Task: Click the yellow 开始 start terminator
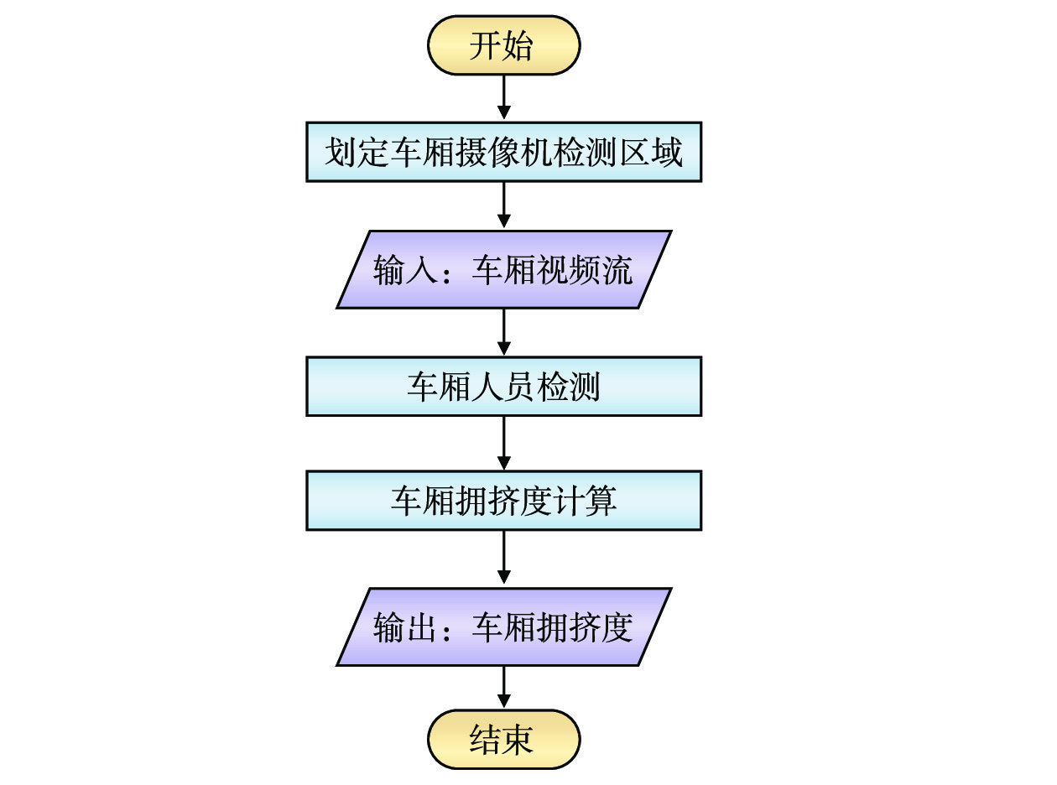503,45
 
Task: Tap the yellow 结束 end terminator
503,740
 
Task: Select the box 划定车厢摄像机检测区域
503,153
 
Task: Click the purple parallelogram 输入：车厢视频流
503,270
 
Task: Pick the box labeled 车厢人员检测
503,387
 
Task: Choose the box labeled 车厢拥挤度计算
503,501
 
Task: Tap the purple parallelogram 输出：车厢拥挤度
503,626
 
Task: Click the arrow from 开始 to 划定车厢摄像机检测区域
503,98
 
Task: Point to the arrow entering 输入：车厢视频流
503,205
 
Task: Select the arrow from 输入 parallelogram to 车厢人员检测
503,333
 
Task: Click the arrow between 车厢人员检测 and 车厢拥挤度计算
503,443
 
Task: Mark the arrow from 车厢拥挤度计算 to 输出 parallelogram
503,559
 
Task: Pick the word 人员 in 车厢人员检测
503,387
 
